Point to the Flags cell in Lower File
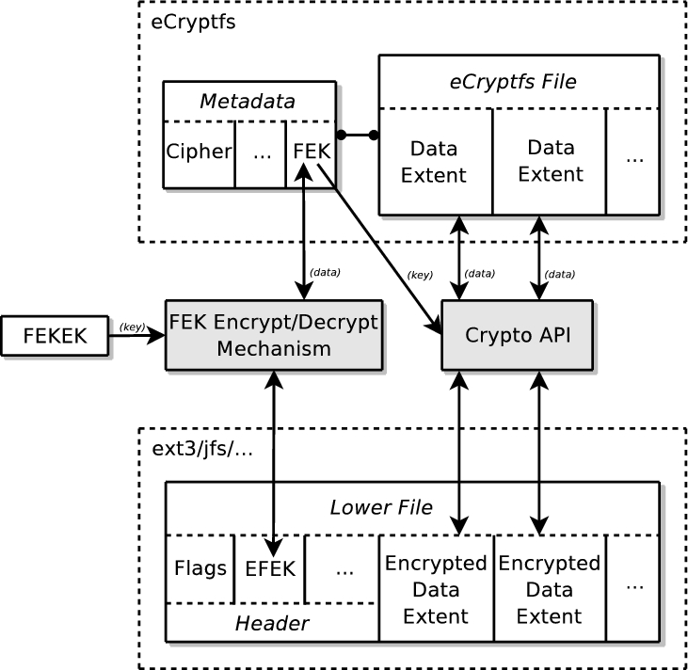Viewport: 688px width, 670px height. click(200, 568)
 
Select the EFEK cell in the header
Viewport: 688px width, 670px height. click(269, 568)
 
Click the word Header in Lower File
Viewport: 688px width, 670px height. click(271, 622)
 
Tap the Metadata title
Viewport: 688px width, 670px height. click(248, 101)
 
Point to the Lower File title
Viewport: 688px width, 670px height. click(380, 508)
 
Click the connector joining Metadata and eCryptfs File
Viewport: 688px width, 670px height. click(357, 136)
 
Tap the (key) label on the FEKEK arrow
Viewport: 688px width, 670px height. click(132, 327)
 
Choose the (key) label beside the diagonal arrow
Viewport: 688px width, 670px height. click(419, 276)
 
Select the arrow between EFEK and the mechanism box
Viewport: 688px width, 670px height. click(272, 452)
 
